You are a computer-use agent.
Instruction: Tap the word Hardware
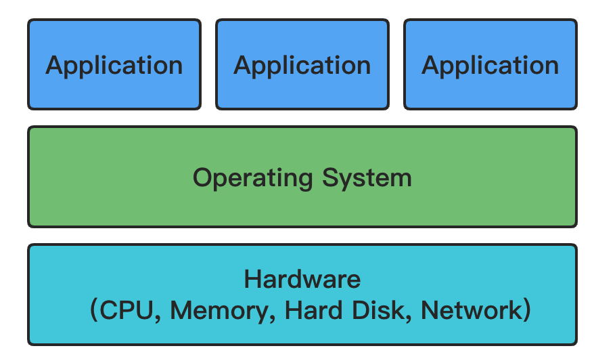click(x=302, y=279)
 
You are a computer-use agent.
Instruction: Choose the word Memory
click(x=219, y=310)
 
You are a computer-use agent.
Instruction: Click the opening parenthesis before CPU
click(x=95, y=311)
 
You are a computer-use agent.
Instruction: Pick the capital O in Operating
click(x=202, y=178)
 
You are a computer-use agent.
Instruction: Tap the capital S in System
click(x=329, y=178)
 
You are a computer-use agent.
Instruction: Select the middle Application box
click(x=302, y=64)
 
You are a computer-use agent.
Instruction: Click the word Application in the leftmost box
click(x=114, y=66)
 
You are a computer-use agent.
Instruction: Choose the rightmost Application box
click(x=490, y=64)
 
